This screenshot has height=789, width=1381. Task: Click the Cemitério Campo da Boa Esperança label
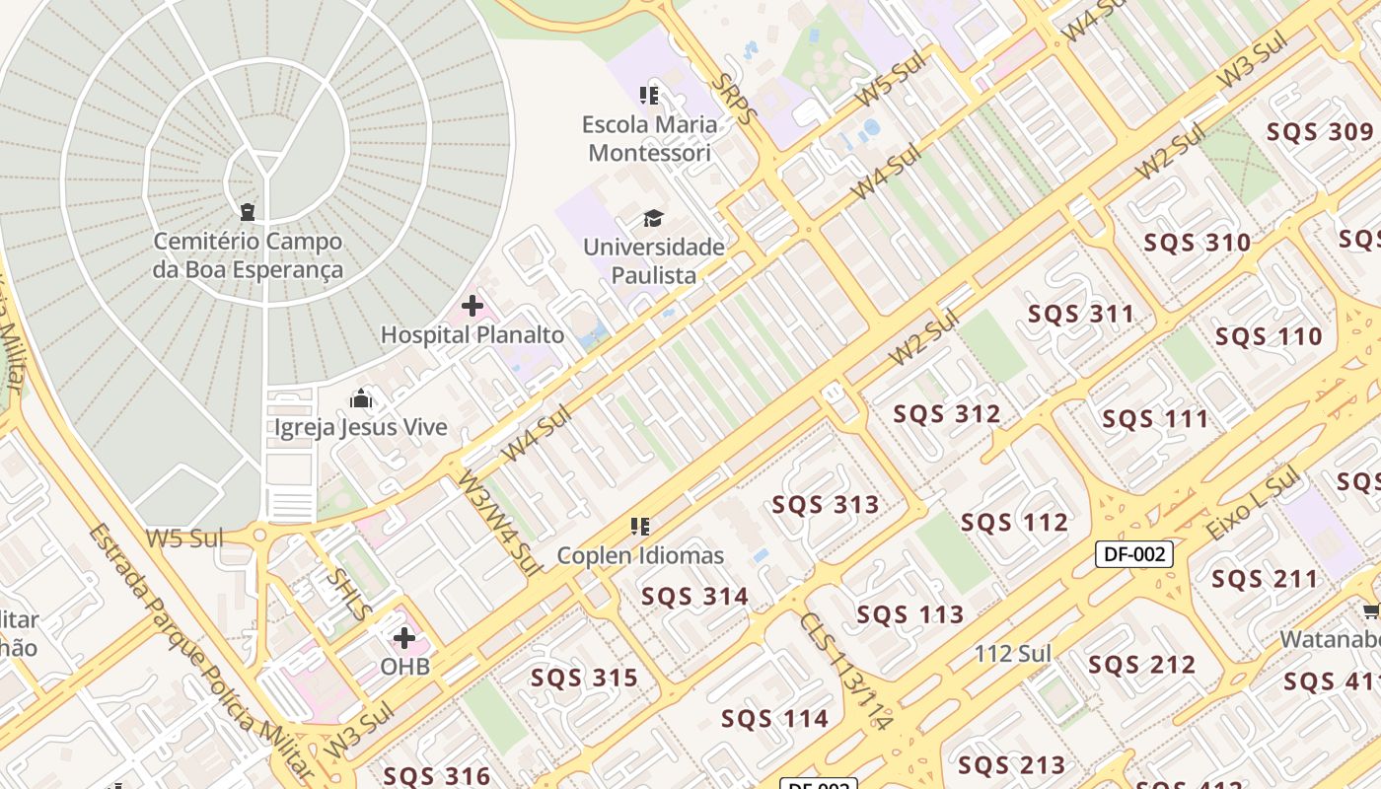tap(248, 255)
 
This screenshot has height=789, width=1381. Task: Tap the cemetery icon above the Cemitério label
tap(247, 212)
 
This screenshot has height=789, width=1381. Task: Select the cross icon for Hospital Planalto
tap(472, 306)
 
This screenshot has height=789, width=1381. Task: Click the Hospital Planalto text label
tap(472, 335)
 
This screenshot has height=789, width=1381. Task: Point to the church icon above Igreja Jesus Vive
tap(361, 398)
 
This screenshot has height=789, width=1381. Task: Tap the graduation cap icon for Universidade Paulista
tap(653, 218)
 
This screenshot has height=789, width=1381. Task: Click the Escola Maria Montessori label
tap(649, 139)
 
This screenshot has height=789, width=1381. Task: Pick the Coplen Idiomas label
tap(640, 556)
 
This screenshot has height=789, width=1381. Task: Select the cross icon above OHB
tap(404, 638)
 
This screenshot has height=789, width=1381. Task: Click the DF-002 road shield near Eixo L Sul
tap(1134, 554)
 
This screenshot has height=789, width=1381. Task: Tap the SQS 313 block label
tap(826, 505)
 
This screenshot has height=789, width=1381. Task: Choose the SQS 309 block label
tap(1320, 132)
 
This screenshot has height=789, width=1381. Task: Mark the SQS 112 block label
tap(1014, 523)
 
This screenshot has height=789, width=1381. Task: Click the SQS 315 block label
tap(584, 679)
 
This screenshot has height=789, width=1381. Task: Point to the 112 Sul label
tap(1012, 653)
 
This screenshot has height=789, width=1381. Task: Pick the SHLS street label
tap(349, 593)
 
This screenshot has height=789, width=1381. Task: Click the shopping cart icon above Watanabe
tap(1371, 611)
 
